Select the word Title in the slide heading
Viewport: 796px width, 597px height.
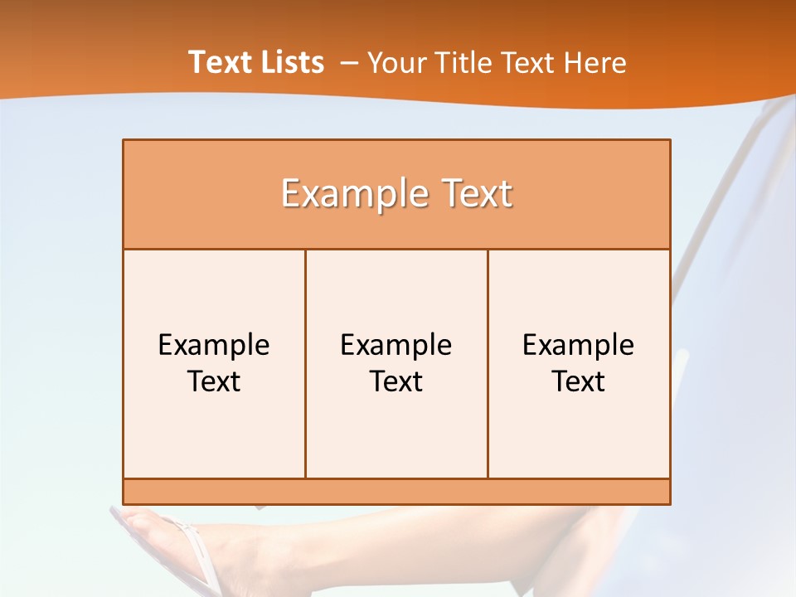pos(470,63)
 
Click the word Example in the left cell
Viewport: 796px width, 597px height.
pos(214,345)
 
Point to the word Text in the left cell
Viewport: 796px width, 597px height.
pos(214,381)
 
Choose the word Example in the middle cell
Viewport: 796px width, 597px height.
pos(396,345)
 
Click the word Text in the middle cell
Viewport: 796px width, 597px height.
pos(396,381)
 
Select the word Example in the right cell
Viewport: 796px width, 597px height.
pos(579,345)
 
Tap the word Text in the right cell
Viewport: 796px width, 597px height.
pos(579,381)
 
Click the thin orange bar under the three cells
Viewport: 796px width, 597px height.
pos(396,492)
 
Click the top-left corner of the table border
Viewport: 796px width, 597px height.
pos(124,140)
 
